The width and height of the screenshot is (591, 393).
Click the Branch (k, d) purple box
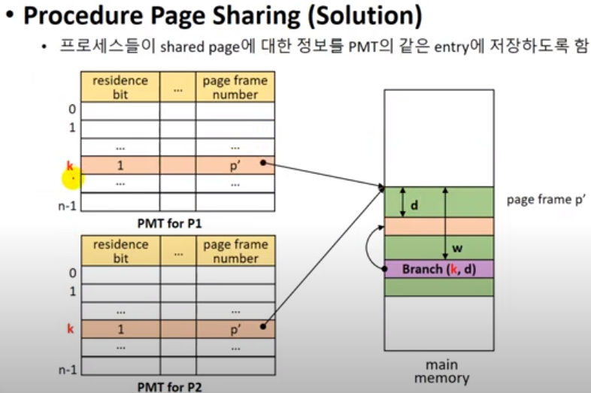(x=439, y=268)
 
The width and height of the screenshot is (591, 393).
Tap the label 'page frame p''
(x=547, y=200)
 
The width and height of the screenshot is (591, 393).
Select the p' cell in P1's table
(x=235, y=165)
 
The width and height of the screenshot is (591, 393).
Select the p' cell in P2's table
(x=235, y=328)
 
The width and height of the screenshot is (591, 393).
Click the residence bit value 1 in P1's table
(x=120, y=165)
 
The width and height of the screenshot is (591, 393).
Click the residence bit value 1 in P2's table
(x=120, y=328)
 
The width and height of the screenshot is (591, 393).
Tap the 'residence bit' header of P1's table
(x=120, y=87)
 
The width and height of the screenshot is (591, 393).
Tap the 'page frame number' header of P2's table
(x=235, y=251)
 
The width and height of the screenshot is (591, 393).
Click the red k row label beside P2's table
(x=71, y=328)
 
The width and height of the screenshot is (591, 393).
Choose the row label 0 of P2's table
(x=71, y=273)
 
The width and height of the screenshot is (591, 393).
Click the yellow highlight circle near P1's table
(x=72, y=178)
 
